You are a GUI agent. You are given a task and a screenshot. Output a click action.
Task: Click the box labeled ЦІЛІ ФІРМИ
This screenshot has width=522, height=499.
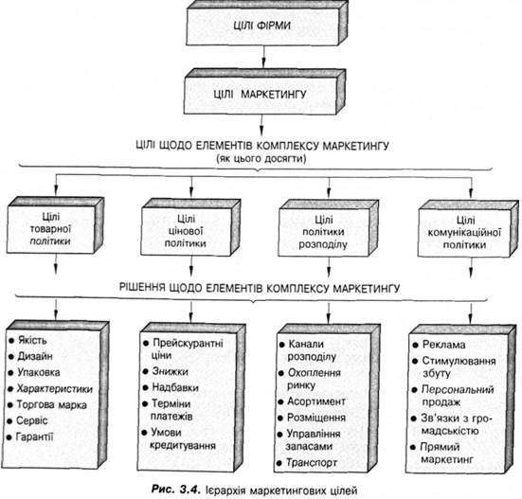point(267,24)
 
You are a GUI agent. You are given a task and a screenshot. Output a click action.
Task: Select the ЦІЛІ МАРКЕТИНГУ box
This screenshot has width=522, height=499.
point(264,92)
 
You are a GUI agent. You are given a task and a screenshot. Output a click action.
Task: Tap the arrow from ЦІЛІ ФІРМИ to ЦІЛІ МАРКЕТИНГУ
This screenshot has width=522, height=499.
point(263,57)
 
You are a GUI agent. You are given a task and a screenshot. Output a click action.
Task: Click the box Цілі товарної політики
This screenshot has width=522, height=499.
point(55,225)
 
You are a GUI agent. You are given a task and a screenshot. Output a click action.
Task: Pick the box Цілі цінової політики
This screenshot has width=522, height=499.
point(190,227)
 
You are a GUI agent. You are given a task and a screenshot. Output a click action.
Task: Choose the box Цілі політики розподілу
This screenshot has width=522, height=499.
point(328,228)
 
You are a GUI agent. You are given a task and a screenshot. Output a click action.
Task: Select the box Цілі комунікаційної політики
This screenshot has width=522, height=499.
point(468,229)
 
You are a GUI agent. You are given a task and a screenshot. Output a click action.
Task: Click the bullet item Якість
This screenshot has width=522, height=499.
point(28,340)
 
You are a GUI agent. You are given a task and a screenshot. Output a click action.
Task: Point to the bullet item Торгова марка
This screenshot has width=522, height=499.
point(47,405)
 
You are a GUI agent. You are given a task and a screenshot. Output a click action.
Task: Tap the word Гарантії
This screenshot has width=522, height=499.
point(35,437)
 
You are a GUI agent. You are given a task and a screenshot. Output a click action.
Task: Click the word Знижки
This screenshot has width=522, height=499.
point(171,371)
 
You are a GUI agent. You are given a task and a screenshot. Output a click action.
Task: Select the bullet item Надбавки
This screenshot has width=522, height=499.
point(171,387)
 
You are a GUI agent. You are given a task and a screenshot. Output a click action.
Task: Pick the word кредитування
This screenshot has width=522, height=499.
point(183,446)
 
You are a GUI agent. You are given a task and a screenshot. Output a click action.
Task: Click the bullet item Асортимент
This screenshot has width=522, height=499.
point(312,401)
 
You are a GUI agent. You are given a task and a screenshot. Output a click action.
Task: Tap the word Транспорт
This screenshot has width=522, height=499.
point(312,463)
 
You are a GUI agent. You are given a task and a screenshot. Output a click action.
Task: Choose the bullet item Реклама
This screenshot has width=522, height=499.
point(439,345)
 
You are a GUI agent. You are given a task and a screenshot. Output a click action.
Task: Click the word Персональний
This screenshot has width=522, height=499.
point(458,389)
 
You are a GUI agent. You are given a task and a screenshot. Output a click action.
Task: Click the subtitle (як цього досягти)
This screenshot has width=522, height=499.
point(261,159)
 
